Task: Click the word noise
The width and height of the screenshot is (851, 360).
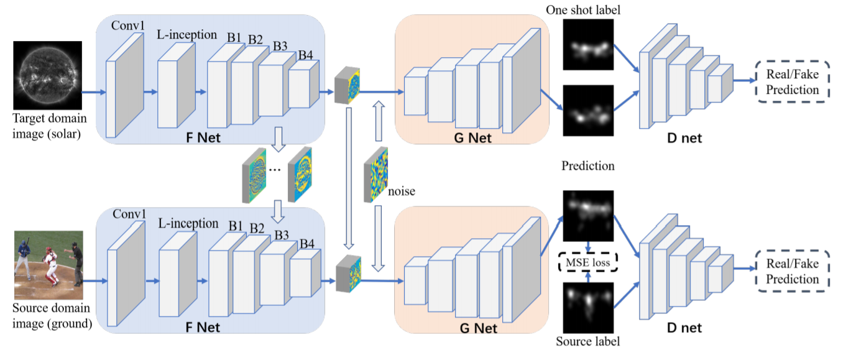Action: (x=401, y=191)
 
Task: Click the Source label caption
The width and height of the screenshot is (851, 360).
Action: (x=588, y=341)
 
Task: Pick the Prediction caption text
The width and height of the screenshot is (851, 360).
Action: (x=588, y=166)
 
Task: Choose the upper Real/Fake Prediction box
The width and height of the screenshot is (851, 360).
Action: (x=792, y=82)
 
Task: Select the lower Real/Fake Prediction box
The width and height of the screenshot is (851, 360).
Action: (x=792, y=271)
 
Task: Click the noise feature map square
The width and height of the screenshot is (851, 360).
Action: (x=376, y=175)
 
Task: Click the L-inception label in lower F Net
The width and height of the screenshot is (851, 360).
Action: (x=188, y=223)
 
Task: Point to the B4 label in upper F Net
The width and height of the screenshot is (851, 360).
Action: (x=305, y=55)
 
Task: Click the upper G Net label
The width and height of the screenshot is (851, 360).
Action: (x=472, y=137)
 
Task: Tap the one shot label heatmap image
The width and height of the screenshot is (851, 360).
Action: (x=588, y=44)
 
